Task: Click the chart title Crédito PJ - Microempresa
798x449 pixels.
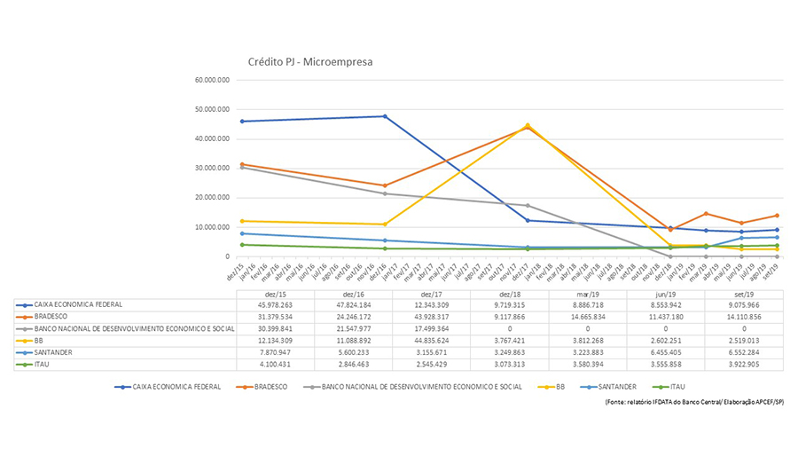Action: pos(309,63)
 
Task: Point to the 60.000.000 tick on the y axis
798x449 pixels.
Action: pos(211,80)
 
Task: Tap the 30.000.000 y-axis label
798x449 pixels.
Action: pos(211,169)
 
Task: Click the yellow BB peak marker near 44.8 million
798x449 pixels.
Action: pos(527,125)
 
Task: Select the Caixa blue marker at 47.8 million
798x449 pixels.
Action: pos(385,116)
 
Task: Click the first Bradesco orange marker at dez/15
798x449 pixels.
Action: pos(242,164)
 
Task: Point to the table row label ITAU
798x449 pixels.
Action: pos(39,364)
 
